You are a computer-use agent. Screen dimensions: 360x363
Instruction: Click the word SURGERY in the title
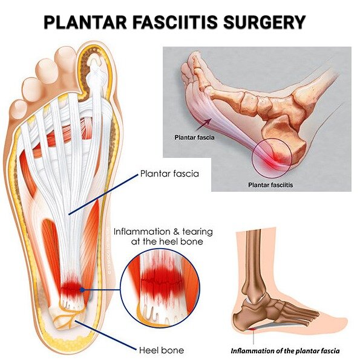[x=264, y=22]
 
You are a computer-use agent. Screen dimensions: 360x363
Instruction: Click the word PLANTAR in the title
[x=85, y=22]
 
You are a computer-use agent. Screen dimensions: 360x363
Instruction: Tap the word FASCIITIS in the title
[x=175, y=22]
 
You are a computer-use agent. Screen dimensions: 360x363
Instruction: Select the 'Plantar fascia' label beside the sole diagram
[x=169, y=174]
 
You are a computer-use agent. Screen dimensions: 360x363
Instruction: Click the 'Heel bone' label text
[x=162, y=350]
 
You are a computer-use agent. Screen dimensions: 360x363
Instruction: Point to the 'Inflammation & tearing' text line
[x=163, y=232]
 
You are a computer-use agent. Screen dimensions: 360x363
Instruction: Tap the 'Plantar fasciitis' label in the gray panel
[x=270, y=185]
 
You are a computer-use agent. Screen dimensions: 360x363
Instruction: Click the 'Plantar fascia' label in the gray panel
[x=194, y=137]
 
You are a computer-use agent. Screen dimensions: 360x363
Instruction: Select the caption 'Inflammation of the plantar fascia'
[x=285, y=351]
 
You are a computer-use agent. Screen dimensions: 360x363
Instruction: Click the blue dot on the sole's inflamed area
[x=82, y=290]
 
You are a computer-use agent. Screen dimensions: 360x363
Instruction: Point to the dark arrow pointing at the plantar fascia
[x=204, y=125]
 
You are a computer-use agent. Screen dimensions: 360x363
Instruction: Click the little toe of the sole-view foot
[x=18, y=108]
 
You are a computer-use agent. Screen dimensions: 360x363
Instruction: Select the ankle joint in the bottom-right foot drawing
[x=255, y=298]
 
